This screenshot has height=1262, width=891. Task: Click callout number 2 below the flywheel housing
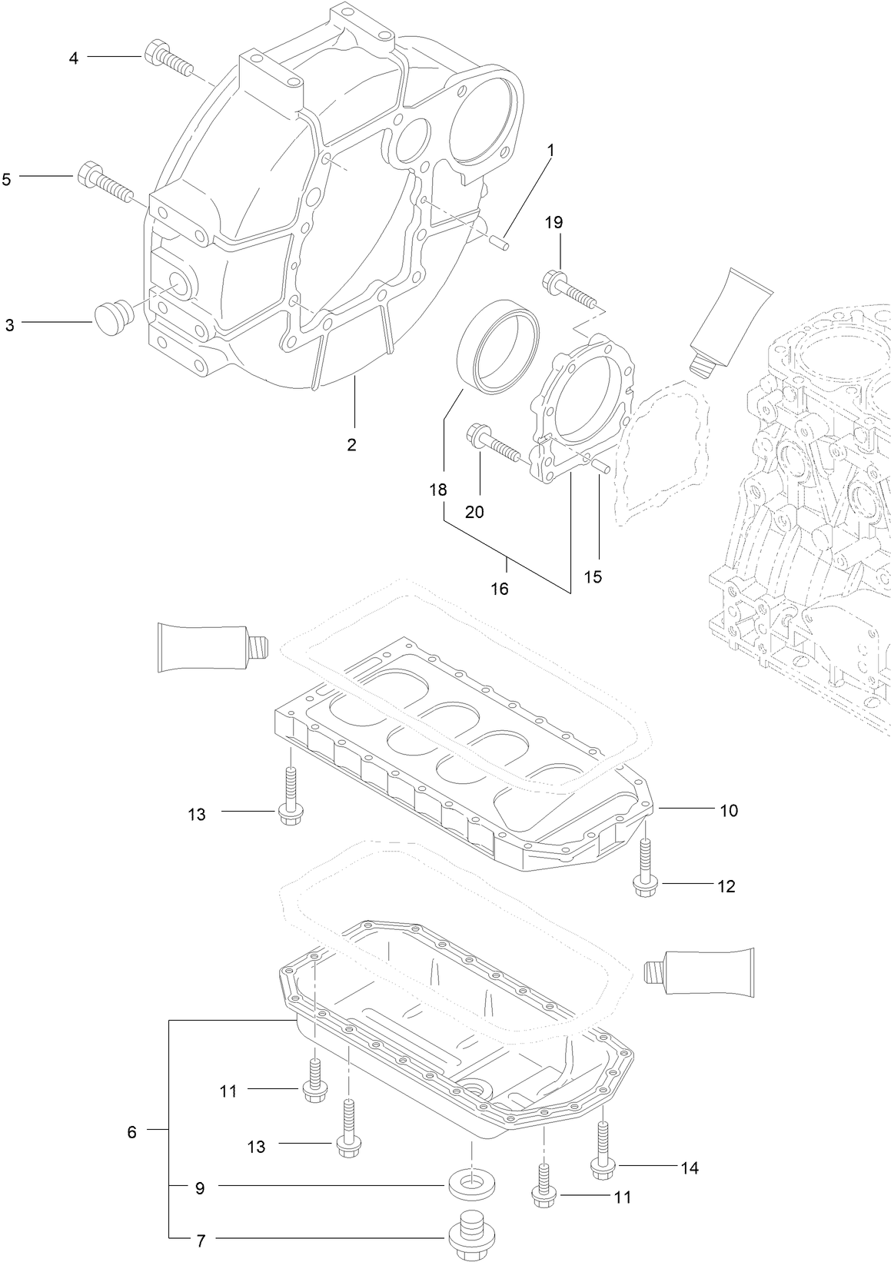(352, 444)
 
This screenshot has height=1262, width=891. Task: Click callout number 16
(500, 589)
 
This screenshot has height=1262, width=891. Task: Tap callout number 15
(593, 576)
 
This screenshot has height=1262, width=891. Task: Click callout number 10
(728, 810)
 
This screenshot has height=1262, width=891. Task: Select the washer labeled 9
(471, 1184)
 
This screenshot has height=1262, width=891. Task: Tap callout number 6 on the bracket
(131, 1132)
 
